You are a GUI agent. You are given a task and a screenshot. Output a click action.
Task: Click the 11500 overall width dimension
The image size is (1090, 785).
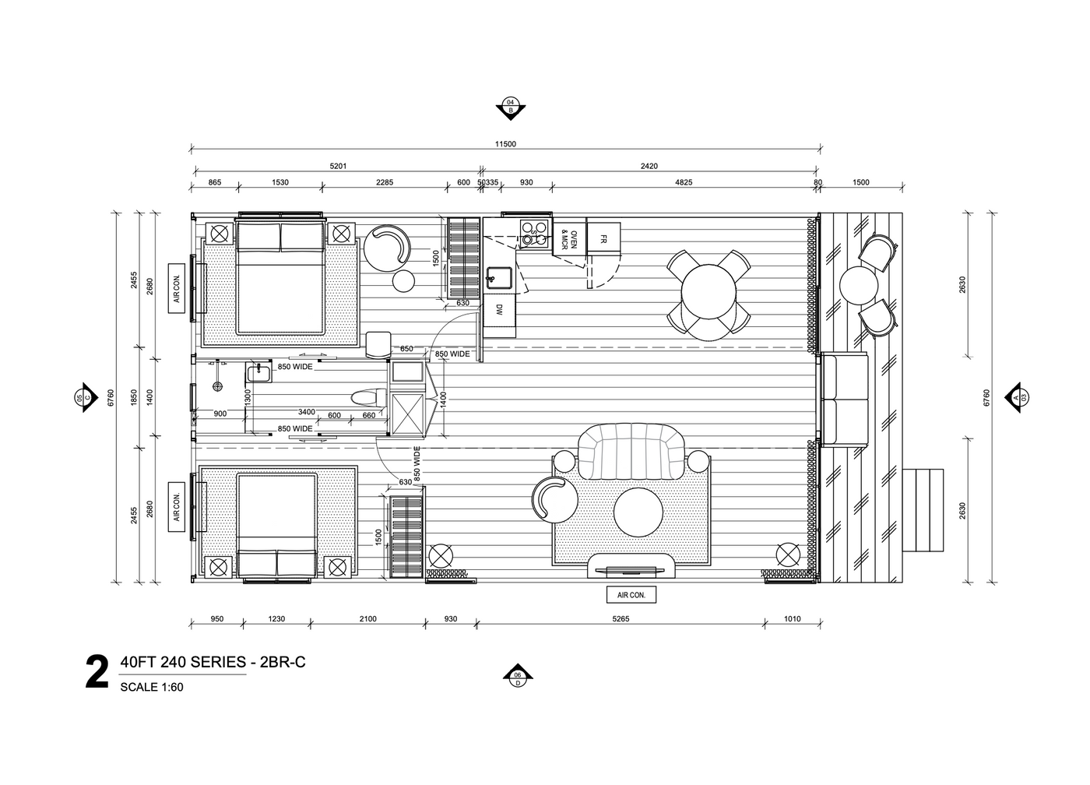[x=505, y=144]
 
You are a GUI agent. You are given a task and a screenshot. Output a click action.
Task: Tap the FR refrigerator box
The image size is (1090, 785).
[x=603, y=238]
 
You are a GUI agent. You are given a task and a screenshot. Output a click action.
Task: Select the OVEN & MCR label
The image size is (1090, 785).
[x=569, y=239]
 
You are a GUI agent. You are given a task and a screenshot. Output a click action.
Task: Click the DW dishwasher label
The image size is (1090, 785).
[x=499, y=309]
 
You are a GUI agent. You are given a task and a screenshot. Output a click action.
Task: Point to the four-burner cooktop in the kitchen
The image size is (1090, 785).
[x=534, y=233]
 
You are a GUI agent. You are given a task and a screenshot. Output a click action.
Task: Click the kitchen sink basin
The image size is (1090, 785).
[x=499, y=278]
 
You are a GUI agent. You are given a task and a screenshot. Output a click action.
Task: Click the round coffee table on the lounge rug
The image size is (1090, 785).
[x=638, y=512]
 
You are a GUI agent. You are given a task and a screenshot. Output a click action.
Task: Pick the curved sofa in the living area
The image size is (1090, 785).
[x=631, y=452]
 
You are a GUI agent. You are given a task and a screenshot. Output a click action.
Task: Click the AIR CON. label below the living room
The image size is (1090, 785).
[x=631, y=595]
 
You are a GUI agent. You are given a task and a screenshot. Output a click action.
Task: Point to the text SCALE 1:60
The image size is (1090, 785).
[x=152, y=687]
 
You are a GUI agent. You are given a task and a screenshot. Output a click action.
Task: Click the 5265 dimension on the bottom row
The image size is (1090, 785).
[x=621, y=619]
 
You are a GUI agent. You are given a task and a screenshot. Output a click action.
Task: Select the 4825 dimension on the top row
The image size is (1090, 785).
[x=684, y=182]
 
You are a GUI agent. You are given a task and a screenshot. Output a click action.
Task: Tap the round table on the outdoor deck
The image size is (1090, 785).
[x=858, y=285]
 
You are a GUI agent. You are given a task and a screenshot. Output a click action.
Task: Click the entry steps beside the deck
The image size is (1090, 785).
[x=923, y=510]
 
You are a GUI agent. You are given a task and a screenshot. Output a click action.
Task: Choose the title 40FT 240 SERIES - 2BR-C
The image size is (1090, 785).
[x=213, y=662]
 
